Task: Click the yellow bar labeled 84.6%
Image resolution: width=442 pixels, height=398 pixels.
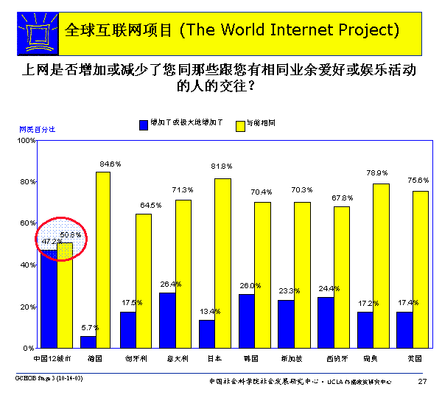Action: pyautogui.click(x=103, y=259)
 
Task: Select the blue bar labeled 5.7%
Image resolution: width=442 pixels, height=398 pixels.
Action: pyautogui.click(x=88, y=341)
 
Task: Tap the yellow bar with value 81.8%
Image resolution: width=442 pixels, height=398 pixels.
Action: pyautogui.click(x=222, y=262)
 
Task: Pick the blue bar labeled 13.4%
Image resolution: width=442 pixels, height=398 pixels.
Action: pyautogui.click(x=207, y=333)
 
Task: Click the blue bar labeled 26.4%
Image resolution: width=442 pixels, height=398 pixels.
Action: pyautogui.click(x=167, y=320)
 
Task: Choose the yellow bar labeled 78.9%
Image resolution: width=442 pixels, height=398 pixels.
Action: pyautogui.click(x=380, y=265)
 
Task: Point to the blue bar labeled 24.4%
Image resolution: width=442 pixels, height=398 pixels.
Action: pyautogui.click(x=325, y=322)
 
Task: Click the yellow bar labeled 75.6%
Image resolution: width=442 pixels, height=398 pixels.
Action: pyautogui.click(x=420, y=269)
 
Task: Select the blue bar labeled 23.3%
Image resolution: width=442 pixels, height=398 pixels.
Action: pyautogui.click(x=286, y=323)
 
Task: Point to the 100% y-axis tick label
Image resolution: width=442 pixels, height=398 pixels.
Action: pyautogui.click(x=27, y=140)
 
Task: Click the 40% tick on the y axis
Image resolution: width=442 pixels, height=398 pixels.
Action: pyautogui.click(x=28, y=265)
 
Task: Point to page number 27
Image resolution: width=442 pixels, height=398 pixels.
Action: pyautogui.click(x=422, y=380)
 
